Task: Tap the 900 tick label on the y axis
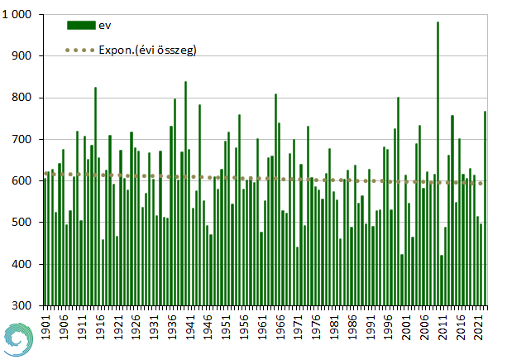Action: point(26,56)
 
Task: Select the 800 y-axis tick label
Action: point(26,98)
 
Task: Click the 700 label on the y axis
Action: point(26,139)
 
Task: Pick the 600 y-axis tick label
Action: point(26,181)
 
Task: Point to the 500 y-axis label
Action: point(26,223)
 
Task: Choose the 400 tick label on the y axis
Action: point(26,264)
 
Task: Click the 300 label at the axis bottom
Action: point(26,305)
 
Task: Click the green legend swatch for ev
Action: point(81,26)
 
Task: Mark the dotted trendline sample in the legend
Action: point(81,50)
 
